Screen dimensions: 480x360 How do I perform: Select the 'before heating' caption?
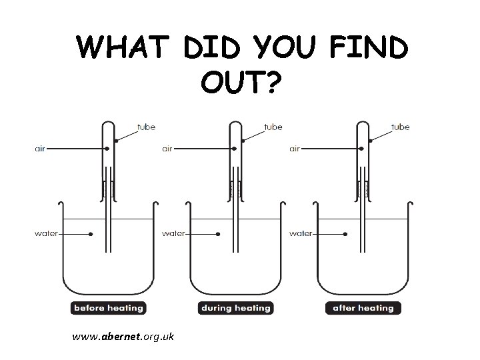[x=107, y=308]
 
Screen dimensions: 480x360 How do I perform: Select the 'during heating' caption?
[x=235, y=308]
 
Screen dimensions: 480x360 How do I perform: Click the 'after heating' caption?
[x=363, y=308]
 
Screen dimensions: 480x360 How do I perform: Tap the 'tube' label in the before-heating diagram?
[x=146, y=127]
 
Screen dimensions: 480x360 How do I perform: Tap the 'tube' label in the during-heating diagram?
[x=273, y=127]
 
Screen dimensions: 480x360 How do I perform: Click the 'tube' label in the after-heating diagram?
[x=401, y=127]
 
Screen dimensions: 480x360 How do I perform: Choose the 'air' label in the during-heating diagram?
[x=168, y=149]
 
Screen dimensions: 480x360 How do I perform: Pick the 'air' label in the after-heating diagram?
[x=295, y=149]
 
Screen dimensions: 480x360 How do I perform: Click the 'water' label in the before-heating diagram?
[x=47, y=233]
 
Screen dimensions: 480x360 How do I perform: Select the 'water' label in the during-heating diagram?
[x=174, y=233]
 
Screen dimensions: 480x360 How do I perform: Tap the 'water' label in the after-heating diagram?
[x=301, y=233]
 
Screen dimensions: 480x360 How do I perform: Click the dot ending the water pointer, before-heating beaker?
[x=91, y=233]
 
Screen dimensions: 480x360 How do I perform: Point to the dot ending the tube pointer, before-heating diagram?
[x=117, y=141]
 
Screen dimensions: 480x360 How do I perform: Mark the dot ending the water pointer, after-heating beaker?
[x=346, y=233]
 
